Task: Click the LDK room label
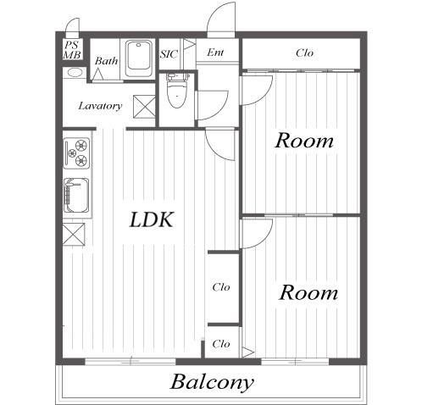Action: pos(152,219)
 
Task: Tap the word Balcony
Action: pos(212,382)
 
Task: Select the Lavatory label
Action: pos(100,106)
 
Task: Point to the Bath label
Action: pos(106,60)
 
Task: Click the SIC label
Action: pos(169,54)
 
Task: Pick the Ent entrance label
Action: pos(215,53)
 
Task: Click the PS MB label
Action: pos(72,50)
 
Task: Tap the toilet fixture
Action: pos(177,91)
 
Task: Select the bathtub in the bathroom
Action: pos(138,58)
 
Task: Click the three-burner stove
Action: pos(77,153)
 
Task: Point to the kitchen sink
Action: pos(76,195)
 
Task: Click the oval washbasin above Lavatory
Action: pos(75,73)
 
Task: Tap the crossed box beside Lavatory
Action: pos(144,107)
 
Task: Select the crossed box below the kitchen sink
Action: pos(74,234)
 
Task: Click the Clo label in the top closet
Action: pos(304,53)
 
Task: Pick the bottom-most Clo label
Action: pos(221,344)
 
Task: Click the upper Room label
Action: pos(304,141)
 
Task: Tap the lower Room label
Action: pos(308,292)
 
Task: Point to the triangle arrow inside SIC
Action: pos(190,44)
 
